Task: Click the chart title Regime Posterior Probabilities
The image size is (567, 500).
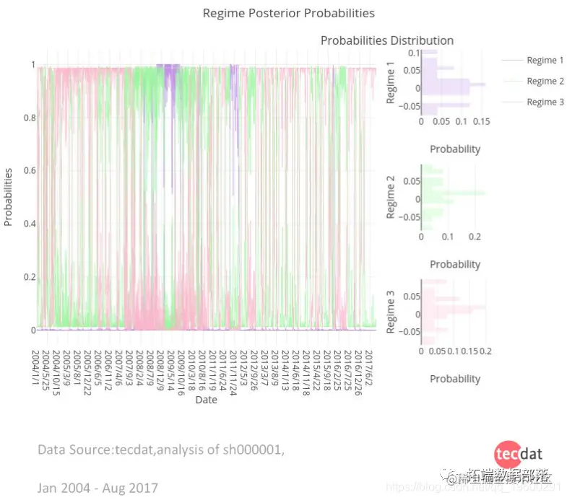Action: (x=288, y=13)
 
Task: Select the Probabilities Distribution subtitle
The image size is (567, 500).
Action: (x=387, y=40)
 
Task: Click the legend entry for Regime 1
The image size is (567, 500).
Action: (x=545, y=61)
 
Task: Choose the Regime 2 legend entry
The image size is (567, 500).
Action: (x=545, y=82)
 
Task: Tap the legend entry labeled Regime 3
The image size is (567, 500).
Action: (x=545, y=102)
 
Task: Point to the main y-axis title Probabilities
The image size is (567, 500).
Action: (x=9, y=197)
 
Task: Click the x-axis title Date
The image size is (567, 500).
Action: (x=206, y=400)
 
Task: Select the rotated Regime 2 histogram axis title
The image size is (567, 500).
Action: (x=391, y=201)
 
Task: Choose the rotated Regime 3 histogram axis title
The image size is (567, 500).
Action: (x=391, y=312)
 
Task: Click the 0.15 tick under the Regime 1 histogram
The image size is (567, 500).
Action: (x=480, y=122)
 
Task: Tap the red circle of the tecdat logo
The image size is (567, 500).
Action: (x=508, y=454)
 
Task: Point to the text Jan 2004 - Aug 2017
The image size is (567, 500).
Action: (x=98, y=488)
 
